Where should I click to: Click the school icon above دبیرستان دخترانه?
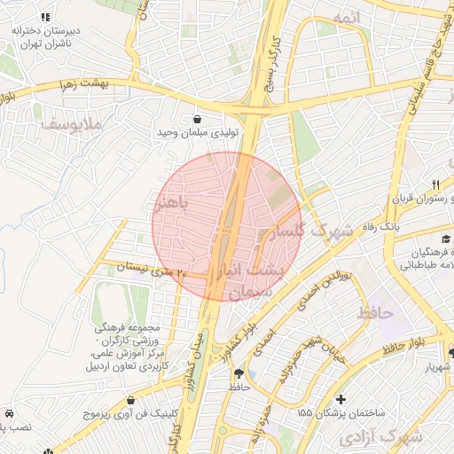pyautogui.click(x=45, y=17)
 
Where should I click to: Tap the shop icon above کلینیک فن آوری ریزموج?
pyautogui.click(x=131, y=400)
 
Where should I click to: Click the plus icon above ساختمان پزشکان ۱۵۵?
pyautogui.click(x=341, y=399)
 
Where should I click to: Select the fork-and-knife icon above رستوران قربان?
pyautogui.click(x=434, y=184)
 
